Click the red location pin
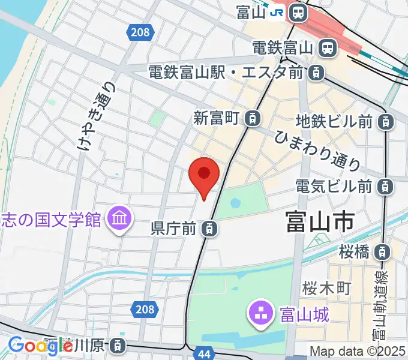coord(204,175)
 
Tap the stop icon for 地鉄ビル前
coord(386,122)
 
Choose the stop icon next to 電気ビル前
coord(386,187)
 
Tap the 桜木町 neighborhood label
coord(326,288)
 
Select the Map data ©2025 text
coord(358,352)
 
